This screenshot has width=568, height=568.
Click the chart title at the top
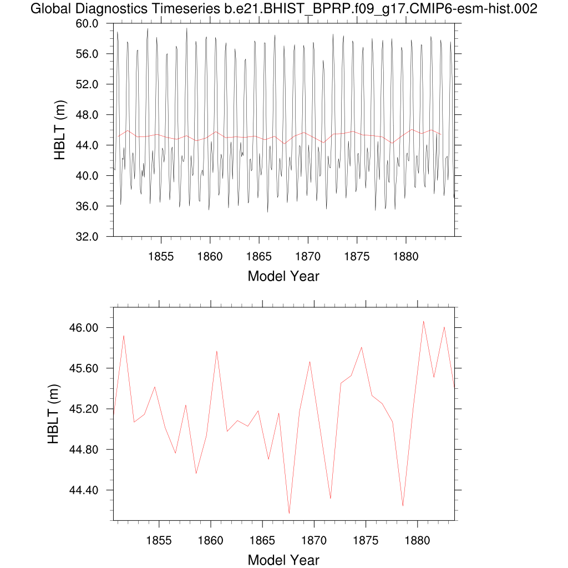point(283,9)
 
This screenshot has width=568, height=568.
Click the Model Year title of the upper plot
point(283,276)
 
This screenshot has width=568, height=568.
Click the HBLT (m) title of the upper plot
point(60,130)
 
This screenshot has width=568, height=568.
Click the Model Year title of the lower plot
point(283,560)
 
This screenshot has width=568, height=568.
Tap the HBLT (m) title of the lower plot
point(54,414)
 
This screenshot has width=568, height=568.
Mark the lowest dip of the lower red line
point(289,513)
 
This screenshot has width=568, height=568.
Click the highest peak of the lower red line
point(423,321)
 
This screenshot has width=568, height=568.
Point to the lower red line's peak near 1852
point(124,336)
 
